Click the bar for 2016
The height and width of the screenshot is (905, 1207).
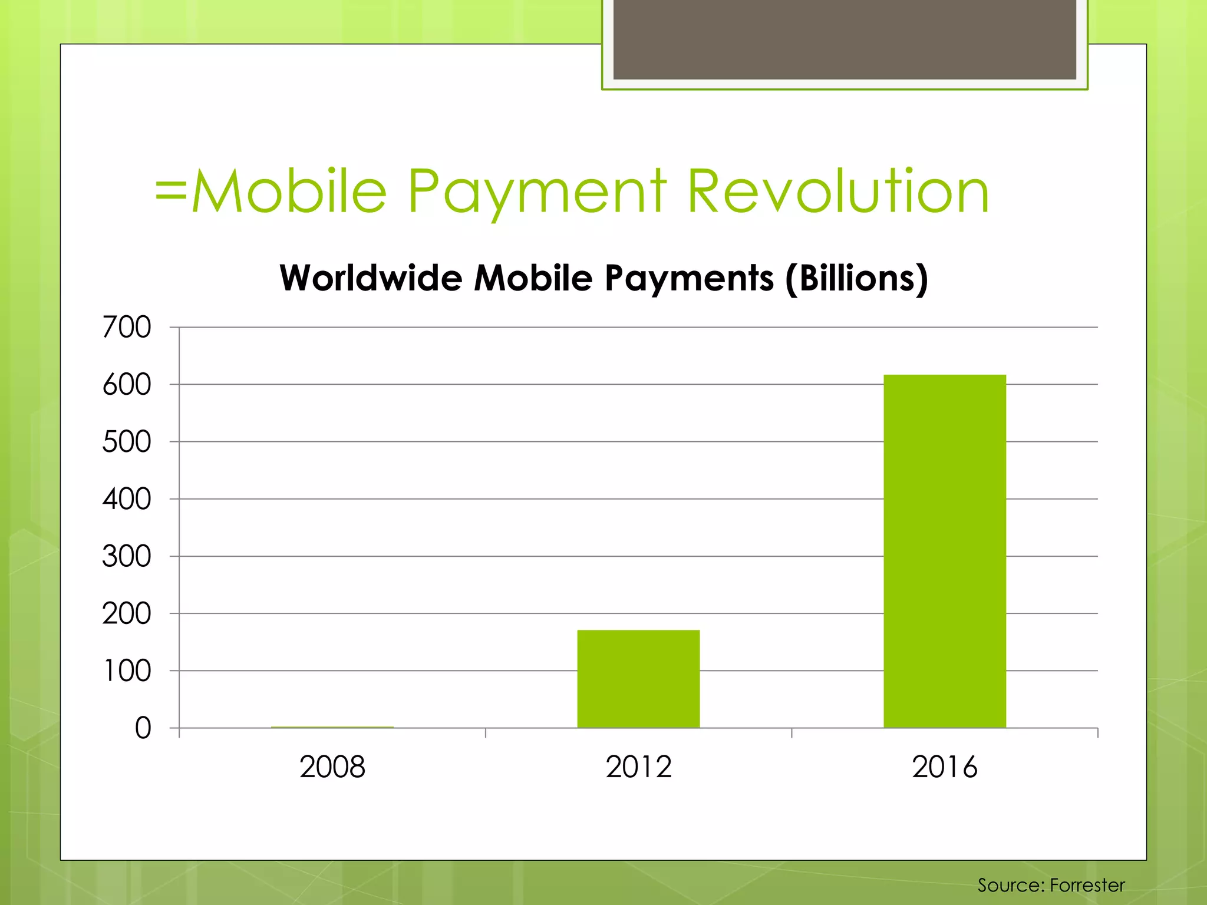pos(944,551)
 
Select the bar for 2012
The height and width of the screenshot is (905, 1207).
pos(638,679)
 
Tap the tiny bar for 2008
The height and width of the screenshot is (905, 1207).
pos(332,727)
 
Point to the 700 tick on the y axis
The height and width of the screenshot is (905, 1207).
pos(127,327)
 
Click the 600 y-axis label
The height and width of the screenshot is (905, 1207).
pos(127,385)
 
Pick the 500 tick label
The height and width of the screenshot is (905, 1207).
pos(127,442)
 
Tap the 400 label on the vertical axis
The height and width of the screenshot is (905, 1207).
pos(127,499)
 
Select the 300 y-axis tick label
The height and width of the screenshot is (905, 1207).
pos(127,556)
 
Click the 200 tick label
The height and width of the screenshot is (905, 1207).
pos(127,613)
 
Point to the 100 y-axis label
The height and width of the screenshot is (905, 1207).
pos(127,671)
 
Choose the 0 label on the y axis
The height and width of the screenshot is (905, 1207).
pos(143,728)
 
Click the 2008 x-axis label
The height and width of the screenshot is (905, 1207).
pos(332,767)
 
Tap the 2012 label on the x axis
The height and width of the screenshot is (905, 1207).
pos(638,767)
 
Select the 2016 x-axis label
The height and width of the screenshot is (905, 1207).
pos(944,767)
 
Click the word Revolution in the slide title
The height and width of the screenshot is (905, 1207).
pos(838,191)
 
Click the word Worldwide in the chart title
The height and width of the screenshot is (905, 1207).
pos(371,278)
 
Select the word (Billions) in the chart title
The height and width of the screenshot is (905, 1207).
pos(856,278)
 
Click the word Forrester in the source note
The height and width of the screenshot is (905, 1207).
pos(1087,885)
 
